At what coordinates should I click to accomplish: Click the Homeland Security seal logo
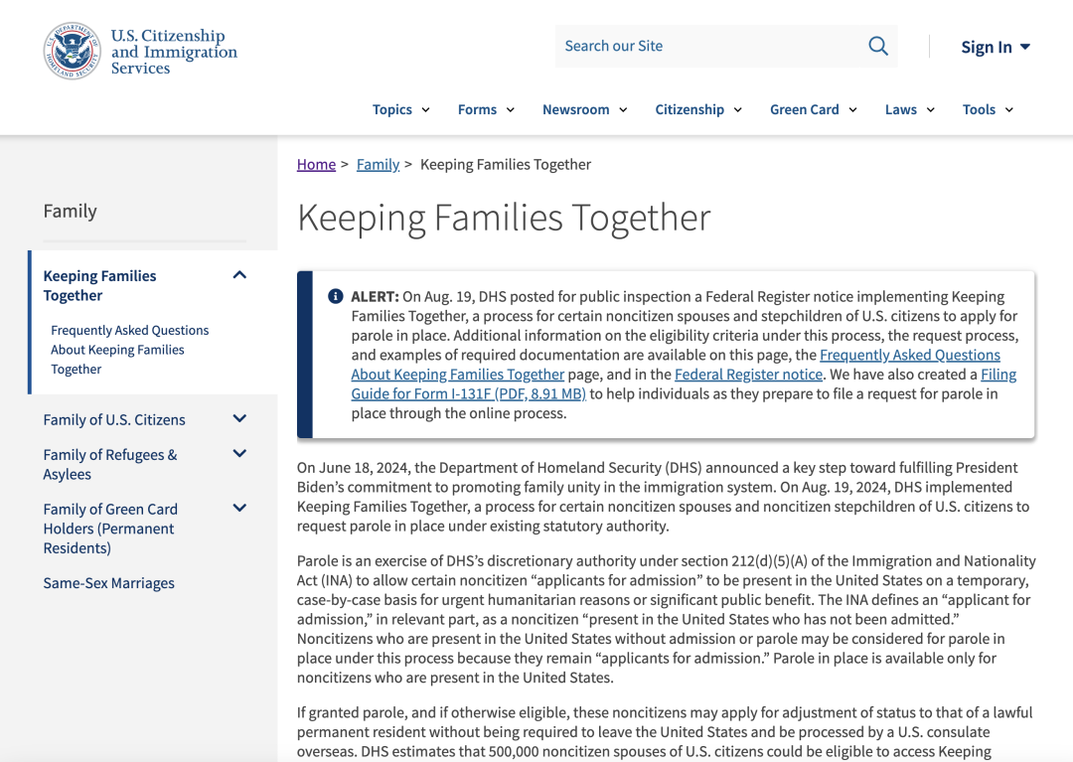(72, 51)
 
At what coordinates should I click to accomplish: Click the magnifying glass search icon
(878, 46)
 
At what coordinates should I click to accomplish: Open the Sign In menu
(996, 47)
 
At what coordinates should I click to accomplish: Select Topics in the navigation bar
(400, 109)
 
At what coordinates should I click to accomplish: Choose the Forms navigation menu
(486, 109)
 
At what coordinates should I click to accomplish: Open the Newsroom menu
(584, 109)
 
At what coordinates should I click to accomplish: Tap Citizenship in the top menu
(698, 109)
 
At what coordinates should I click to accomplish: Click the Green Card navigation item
(813, 109)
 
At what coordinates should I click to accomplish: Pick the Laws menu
(909, 109)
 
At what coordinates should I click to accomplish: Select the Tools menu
(988, 109)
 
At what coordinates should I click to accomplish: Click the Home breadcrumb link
(316, 164)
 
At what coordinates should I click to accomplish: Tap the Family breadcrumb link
(378, 164)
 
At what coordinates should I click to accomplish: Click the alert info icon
(336, 296)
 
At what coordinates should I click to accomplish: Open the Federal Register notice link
(748, 375)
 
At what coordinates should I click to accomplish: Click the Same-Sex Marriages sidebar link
(108, 583)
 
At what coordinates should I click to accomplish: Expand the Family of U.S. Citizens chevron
(239, 419)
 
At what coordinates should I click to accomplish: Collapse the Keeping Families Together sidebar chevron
(239, 275)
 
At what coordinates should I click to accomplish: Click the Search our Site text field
(705, 46)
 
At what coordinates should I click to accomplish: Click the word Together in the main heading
(639, 218)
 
